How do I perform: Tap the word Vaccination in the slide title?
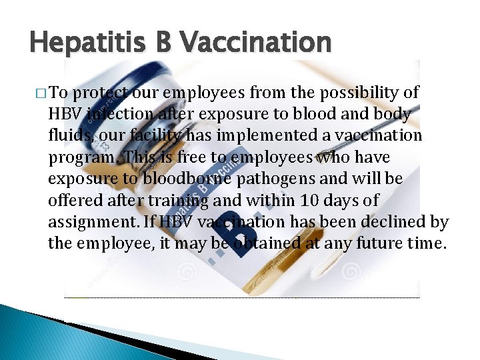255,43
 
